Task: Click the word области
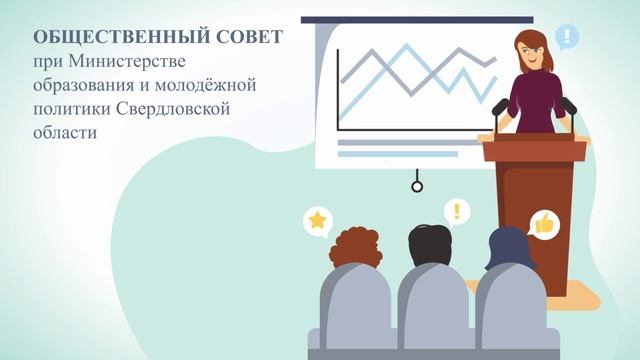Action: [64, 131]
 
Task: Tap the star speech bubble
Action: [318, 220]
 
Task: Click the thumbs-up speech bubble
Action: [545, 224]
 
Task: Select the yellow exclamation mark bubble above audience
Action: [457, 211]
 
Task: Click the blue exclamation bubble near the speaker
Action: [567, 39]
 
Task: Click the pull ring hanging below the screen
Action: [417, 186]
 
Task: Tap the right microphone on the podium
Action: [568, 106]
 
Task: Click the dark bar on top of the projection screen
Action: [410, 19]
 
